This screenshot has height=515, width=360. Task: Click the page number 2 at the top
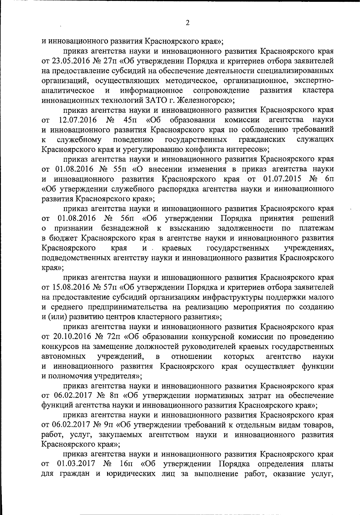(x=187, y=23)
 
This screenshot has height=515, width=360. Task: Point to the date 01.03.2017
(x=76, y=465)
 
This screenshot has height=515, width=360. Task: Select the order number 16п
(x=126, y=465)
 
